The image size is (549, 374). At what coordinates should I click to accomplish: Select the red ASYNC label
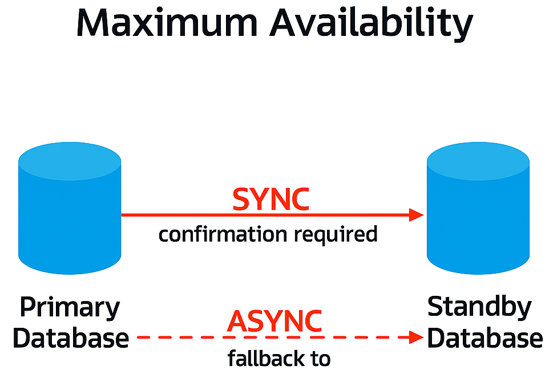pos(274,322)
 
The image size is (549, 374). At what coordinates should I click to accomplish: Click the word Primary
pos(70,308)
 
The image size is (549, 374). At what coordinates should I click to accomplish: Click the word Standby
pos(479,307)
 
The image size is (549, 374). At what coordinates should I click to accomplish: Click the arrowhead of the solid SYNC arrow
pos(417,215)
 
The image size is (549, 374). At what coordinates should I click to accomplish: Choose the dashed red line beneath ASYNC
pos(268,337)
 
